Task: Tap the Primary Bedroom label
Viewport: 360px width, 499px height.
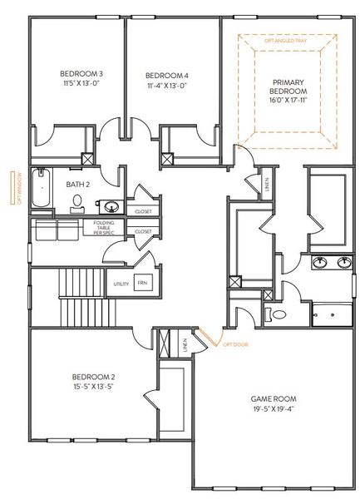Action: tap(288, 86)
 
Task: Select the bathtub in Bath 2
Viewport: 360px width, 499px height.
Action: tap(40, 190)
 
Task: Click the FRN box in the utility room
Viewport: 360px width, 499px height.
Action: tap(142, 283)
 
